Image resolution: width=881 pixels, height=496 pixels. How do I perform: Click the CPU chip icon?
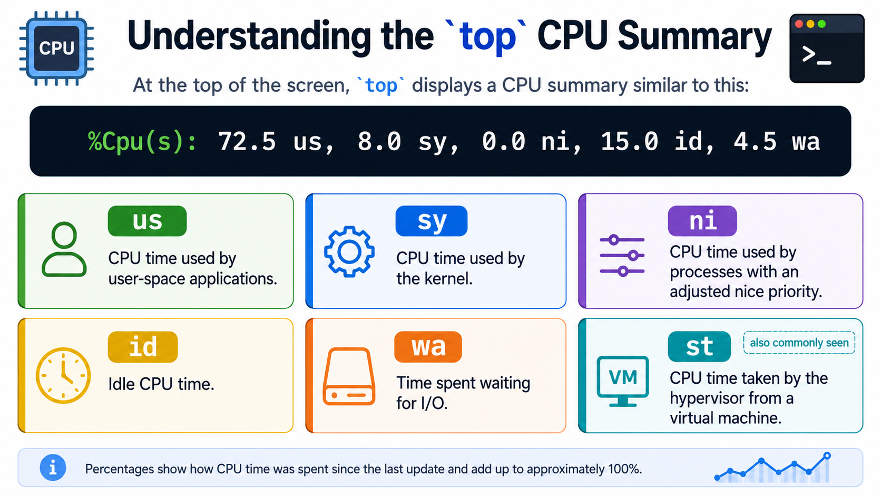(56, 48)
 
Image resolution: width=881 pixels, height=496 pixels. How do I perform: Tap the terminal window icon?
(827, 48)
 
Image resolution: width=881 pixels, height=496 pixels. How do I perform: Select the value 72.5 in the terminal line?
(247, 141)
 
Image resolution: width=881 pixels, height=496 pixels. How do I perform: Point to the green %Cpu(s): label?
(142, 142)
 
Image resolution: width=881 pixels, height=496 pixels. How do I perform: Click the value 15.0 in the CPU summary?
(629, 141)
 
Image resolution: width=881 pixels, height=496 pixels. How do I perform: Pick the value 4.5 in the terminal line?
(755, 141)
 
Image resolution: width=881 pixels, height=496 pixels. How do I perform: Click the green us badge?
(147, 221)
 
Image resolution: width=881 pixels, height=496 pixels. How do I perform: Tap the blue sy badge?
(432, 221)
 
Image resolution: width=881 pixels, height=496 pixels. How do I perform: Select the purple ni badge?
(702, 221)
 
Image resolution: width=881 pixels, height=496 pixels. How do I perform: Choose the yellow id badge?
(143, 346)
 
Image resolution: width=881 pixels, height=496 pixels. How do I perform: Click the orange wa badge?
(428, 346)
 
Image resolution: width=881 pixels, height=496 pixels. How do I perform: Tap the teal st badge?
(699, 346)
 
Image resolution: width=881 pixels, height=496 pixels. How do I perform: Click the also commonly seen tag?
(799, 343)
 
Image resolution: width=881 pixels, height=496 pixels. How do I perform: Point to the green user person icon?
(64, 249)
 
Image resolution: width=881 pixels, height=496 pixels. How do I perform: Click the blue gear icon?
(349, 252)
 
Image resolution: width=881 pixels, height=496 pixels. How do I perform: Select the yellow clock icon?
(63, 375)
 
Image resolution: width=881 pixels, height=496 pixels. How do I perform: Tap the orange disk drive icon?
(349, 376)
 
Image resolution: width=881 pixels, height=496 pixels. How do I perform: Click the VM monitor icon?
(623, 381)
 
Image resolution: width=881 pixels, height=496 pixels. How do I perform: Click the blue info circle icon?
(53, 468)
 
